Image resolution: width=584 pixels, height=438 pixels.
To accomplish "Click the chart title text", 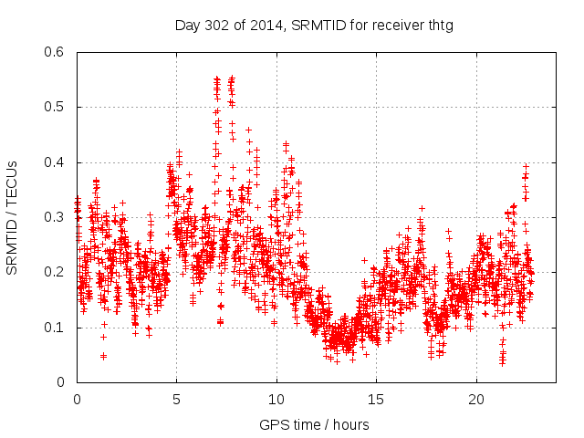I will [x=314, y=25].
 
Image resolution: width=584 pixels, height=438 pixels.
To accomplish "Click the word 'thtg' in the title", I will [x=439, y=25].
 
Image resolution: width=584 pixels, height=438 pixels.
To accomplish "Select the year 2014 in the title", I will [x=266, y=25].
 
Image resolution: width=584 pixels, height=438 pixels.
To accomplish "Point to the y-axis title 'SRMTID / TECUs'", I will [x=13, y=217].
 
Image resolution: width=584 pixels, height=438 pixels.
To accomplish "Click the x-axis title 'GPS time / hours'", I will [x=314, y=424].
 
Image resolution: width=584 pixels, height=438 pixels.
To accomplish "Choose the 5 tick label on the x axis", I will [x=177, y=400].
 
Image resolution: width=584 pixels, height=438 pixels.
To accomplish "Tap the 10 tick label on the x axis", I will [x=276, y=400].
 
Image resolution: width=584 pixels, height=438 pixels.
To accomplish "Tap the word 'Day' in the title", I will [x=187, y=25].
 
